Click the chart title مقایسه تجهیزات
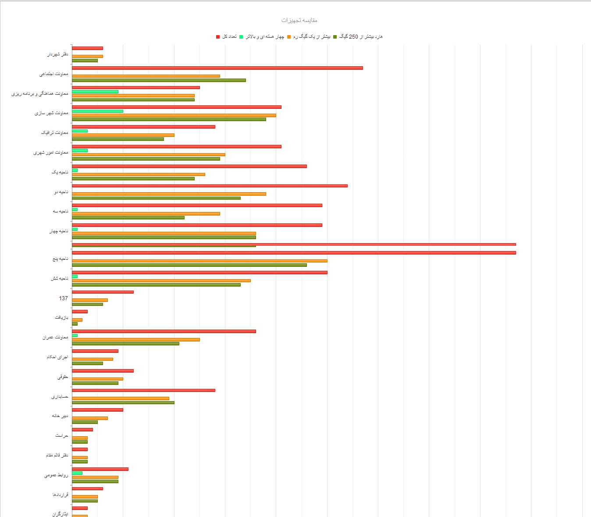point(299,20)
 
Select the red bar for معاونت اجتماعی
point(217,68)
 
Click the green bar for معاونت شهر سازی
point(97,111)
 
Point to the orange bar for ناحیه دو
point(169,194)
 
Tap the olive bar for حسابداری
point(123,402)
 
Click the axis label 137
point(64,298)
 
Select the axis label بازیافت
point(61,318)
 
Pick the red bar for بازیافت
point(80,312)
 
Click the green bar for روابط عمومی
point(77,473)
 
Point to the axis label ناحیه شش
point(60,279)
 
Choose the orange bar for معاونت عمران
point(136,340)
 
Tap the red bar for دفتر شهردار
point(87,48)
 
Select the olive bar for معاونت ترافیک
point(118,139)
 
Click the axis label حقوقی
point(63,377)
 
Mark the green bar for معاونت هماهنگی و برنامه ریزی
point(95,92)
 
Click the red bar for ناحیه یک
point(189,166)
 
